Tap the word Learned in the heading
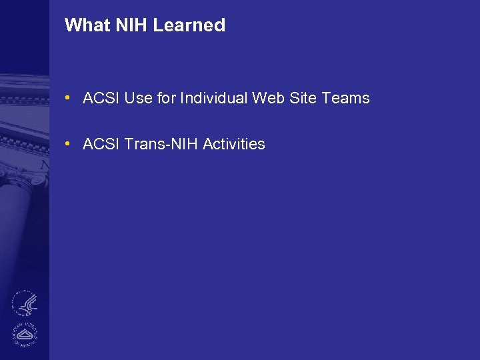[x=189, y=25]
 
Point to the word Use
[x=138, y=99]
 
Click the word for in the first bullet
[x=166, y=99]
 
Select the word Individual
[x=213, y=99]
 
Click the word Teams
[x=345, y=99]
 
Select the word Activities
[x=233, y=144]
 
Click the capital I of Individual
[x=181, y=99]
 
